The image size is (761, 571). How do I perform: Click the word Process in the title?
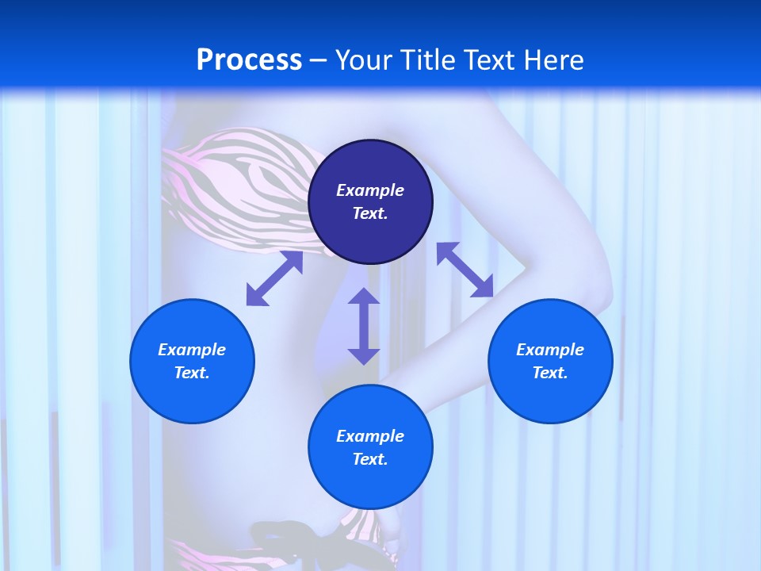point(249,60)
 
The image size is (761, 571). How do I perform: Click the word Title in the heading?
point(432,60)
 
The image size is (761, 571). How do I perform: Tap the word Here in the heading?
point(553,60)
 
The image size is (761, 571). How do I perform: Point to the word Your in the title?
point(366,60)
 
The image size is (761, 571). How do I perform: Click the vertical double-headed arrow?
point(364,326)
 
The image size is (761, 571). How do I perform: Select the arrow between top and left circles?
point(274,278)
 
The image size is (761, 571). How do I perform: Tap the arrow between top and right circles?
point(465,270)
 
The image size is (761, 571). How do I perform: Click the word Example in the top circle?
point(370,190)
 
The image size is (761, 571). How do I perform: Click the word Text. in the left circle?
point(192,373)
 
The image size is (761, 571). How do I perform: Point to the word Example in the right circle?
point(550,350)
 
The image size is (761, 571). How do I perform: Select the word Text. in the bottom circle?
point(370,459)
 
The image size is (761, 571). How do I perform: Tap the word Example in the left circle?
point(192,350)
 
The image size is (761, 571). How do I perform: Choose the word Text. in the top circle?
point(370,213)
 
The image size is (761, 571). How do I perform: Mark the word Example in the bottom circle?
point(370,436)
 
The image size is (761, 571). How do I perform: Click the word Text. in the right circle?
point(550,373)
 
